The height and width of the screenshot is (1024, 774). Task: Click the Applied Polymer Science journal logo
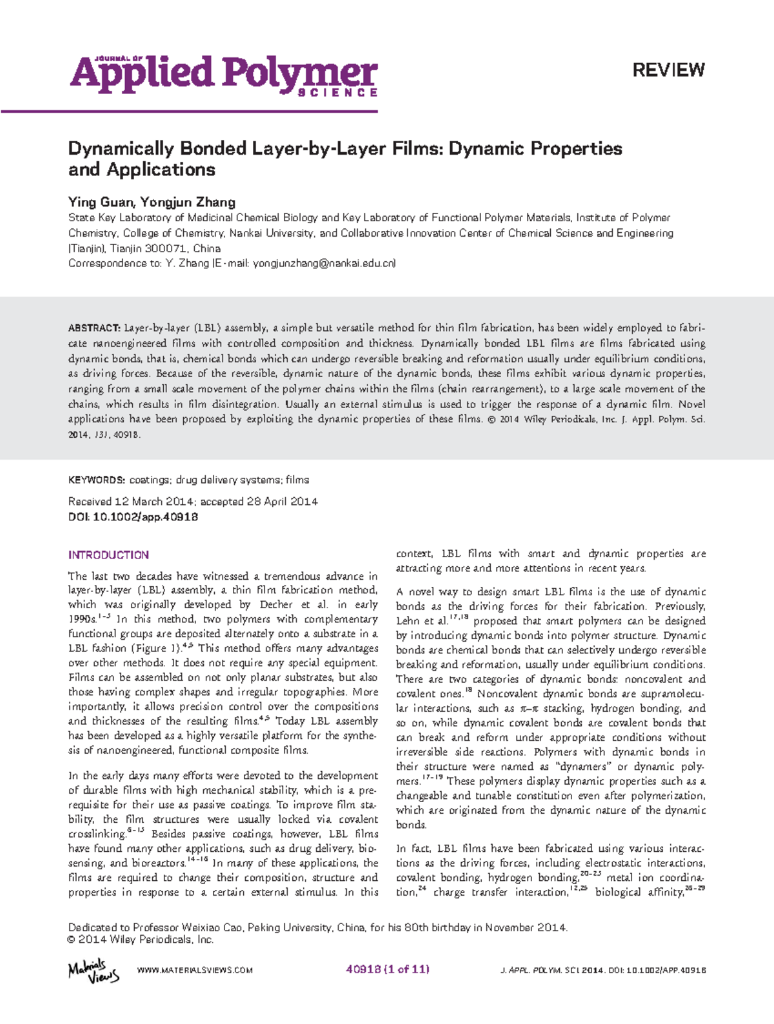pyautogui.click(x=223, y=76)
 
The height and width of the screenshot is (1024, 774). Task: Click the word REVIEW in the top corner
pyautogui.click(x=668, y=70)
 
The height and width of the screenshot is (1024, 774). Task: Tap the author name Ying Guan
pyautogui.click(x=101, y=202)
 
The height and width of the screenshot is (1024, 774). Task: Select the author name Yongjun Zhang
pyautogui.click(x=188, y=202)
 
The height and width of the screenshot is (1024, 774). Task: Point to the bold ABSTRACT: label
pyautogui.click(x=94, y=328)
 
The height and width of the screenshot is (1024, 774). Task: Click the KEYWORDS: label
pyautogui.click(x=97, y=480)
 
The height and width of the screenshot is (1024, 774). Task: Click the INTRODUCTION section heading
pyautogui.click(x=108, y=555)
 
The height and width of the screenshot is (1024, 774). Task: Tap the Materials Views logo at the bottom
pyautogui.click(x=94, y=970)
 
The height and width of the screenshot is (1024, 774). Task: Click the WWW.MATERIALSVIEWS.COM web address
pyautogui.click(x=195, y=970)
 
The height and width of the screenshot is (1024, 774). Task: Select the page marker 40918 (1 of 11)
pyautogui.click(x=388, y=969)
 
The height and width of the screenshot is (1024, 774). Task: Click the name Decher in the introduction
pyautogui.click(x=275, y=605)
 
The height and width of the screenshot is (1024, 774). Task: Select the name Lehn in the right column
pyautogui.click(x=408, y=621)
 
